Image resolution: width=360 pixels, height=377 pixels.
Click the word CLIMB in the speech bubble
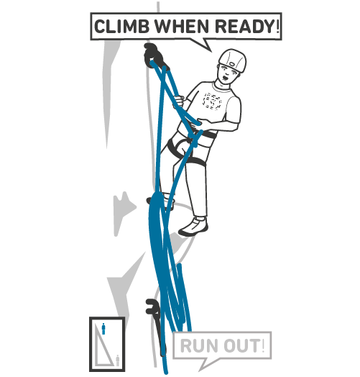121,27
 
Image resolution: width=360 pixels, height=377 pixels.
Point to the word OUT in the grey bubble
241,346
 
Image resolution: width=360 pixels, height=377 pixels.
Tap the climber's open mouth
226,78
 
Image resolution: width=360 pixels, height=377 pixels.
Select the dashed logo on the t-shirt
212,101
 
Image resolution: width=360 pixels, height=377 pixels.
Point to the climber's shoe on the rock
194,226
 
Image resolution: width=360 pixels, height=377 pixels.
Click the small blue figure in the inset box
103,329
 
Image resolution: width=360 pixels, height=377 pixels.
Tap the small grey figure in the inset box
117,360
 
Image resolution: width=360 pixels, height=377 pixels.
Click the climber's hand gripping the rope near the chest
179,101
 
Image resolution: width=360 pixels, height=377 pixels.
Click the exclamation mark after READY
277,26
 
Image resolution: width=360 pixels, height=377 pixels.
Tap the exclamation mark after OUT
262,345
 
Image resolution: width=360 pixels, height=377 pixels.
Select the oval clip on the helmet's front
232,65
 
